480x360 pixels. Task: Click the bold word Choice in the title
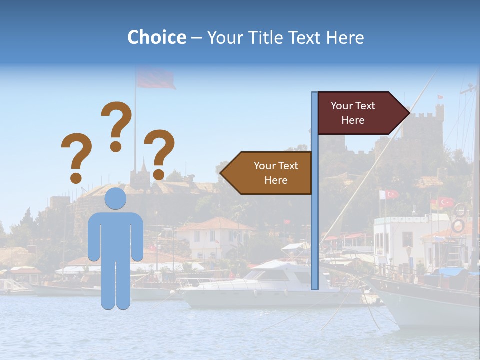tap(156, 37)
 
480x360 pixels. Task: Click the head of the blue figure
tap(115, 199)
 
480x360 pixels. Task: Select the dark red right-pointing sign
tap(360, 113)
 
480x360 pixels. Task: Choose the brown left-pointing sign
tap(270, 173)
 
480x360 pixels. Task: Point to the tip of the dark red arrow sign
tap(408, 113)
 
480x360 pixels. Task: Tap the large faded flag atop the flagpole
tap(155, 79)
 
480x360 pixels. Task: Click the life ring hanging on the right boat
tap(458, 226)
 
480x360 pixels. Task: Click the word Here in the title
tap(345, 37)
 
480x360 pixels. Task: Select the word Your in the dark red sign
tap(342, 106)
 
